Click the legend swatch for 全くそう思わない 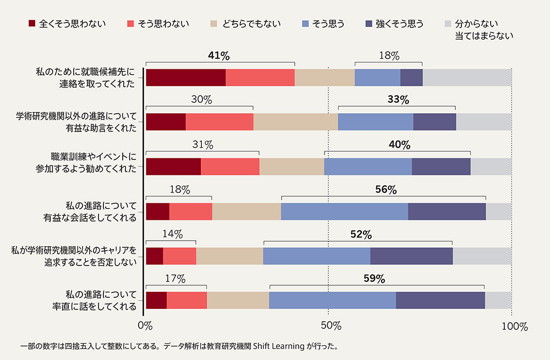(32, 24)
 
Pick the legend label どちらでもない (251, 24)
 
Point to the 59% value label (374, 279)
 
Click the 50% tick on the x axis (328, 326)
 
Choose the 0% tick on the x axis (145, 326)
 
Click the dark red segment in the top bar (185, 77)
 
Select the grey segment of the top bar (467, 77)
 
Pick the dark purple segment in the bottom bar (440, 301)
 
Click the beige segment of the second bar (295, 122)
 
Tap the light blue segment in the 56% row (344, 212)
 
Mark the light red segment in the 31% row (230, 167)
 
